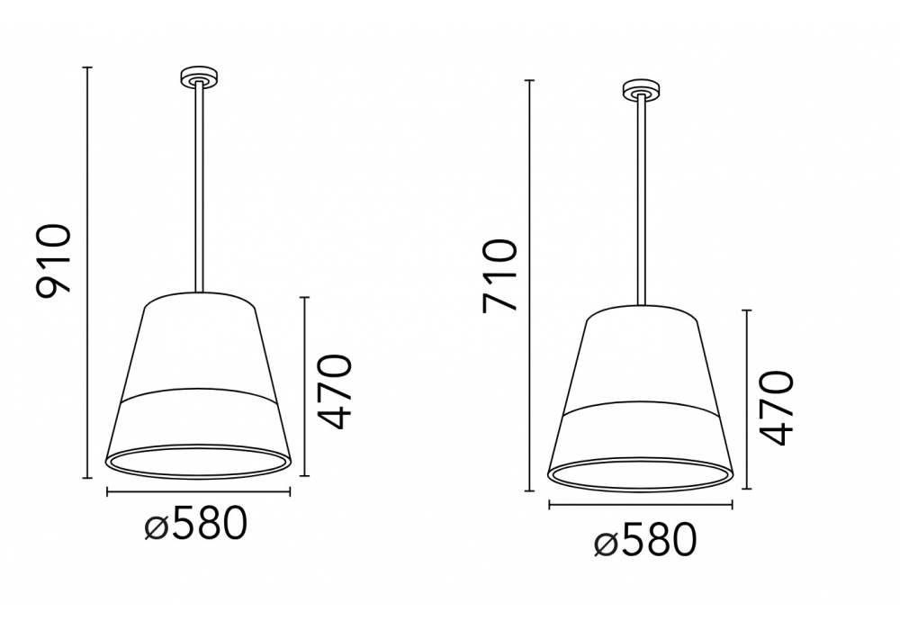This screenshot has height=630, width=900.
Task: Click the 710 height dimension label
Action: point(499,275)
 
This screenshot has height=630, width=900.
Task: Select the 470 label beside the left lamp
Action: point(334,391)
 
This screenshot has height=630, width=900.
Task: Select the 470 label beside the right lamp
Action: point(776,408)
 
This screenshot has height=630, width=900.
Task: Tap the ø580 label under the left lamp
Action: point(195,523)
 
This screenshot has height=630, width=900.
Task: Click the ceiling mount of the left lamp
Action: point(199,78)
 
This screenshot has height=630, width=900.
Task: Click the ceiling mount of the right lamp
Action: point(642,91)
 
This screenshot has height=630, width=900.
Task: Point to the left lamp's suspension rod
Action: point(199,187)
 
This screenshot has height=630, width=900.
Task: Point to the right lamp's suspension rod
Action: point(642,200)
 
